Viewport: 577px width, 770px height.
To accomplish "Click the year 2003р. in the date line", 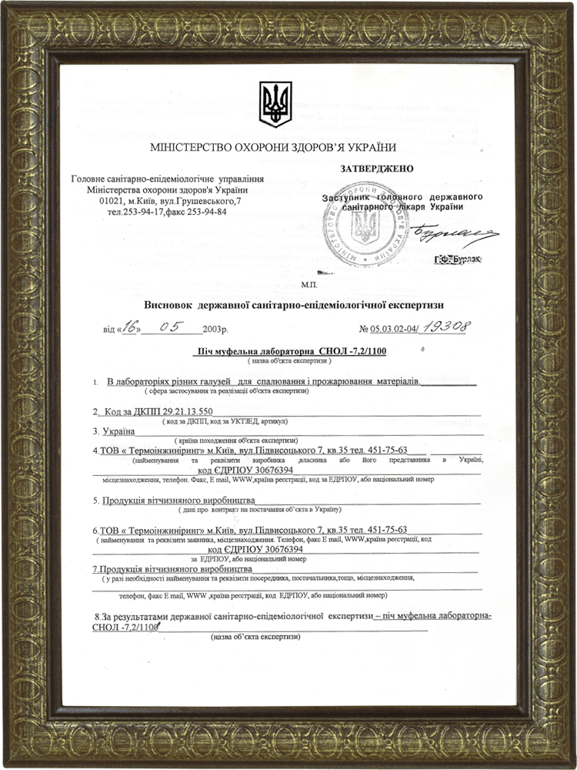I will (x=215, y=330).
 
